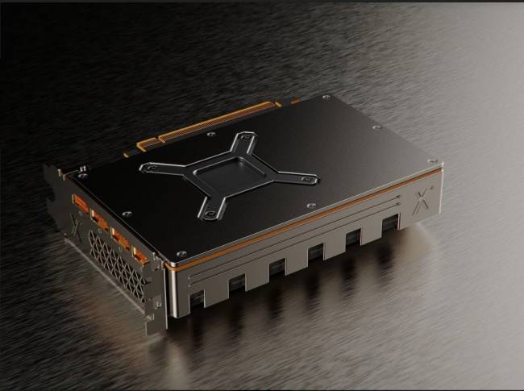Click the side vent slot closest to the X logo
coord(390,222)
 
